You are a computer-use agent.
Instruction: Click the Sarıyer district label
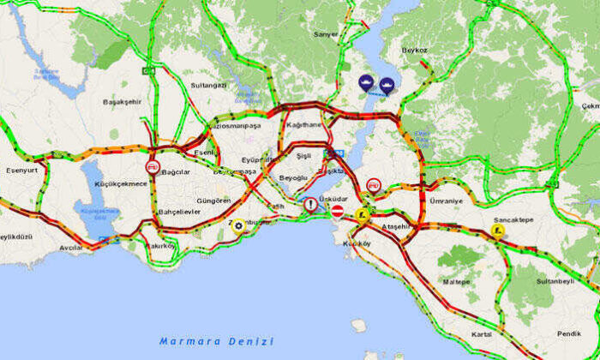coord(327,35)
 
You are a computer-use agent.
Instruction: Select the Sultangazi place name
coord(207,87)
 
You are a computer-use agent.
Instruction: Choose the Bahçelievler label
coord(177,211)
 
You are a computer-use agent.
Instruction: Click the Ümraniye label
coord(446,201)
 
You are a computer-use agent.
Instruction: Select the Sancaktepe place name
coord(513,219)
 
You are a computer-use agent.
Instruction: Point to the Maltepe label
coord(456,281)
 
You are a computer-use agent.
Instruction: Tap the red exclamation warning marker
coord(310,206)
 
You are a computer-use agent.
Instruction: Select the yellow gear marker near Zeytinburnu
coord(237,226)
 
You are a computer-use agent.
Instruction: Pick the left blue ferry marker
coord(367,84)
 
